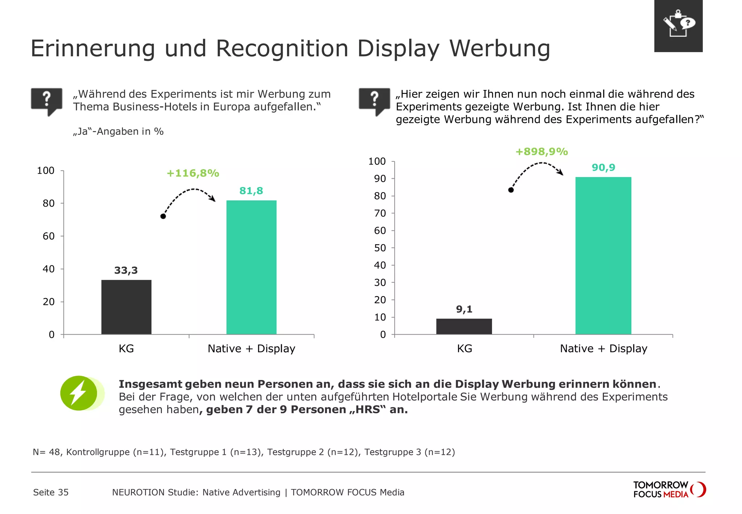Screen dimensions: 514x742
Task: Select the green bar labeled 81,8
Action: coord(251,267)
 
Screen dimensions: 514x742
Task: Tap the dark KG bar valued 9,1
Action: coord(464,326)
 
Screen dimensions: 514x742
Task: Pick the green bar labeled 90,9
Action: coord(603,256)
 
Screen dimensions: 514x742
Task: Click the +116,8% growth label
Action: coord(193,173)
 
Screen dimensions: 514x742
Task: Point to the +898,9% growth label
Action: coord(541,152)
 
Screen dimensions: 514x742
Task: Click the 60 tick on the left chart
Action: coord(49,236)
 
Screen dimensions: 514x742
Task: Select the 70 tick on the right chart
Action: coord(380,213)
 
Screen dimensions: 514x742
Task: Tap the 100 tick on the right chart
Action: coord(377,161)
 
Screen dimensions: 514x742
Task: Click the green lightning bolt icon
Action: coord(79,393)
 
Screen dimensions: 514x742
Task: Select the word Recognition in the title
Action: coord(282,48)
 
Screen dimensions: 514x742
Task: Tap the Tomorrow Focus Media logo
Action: coord(669,489)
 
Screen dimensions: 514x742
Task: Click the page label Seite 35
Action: coord(51,492)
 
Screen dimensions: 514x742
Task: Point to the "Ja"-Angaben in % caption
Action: coord(118,131)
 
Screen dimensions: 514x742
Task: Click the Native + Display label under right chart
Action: coord(603,348)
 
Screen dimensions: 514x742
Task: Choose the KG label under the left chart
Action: coord(126,348)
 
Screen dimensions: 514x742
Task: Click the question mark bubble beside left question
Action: coord(46,100)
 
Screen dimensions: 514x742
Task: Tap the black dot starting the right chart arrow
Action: coord(511,190)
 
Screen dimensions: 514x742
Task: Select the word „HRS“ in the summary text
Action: coord(368,410)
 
